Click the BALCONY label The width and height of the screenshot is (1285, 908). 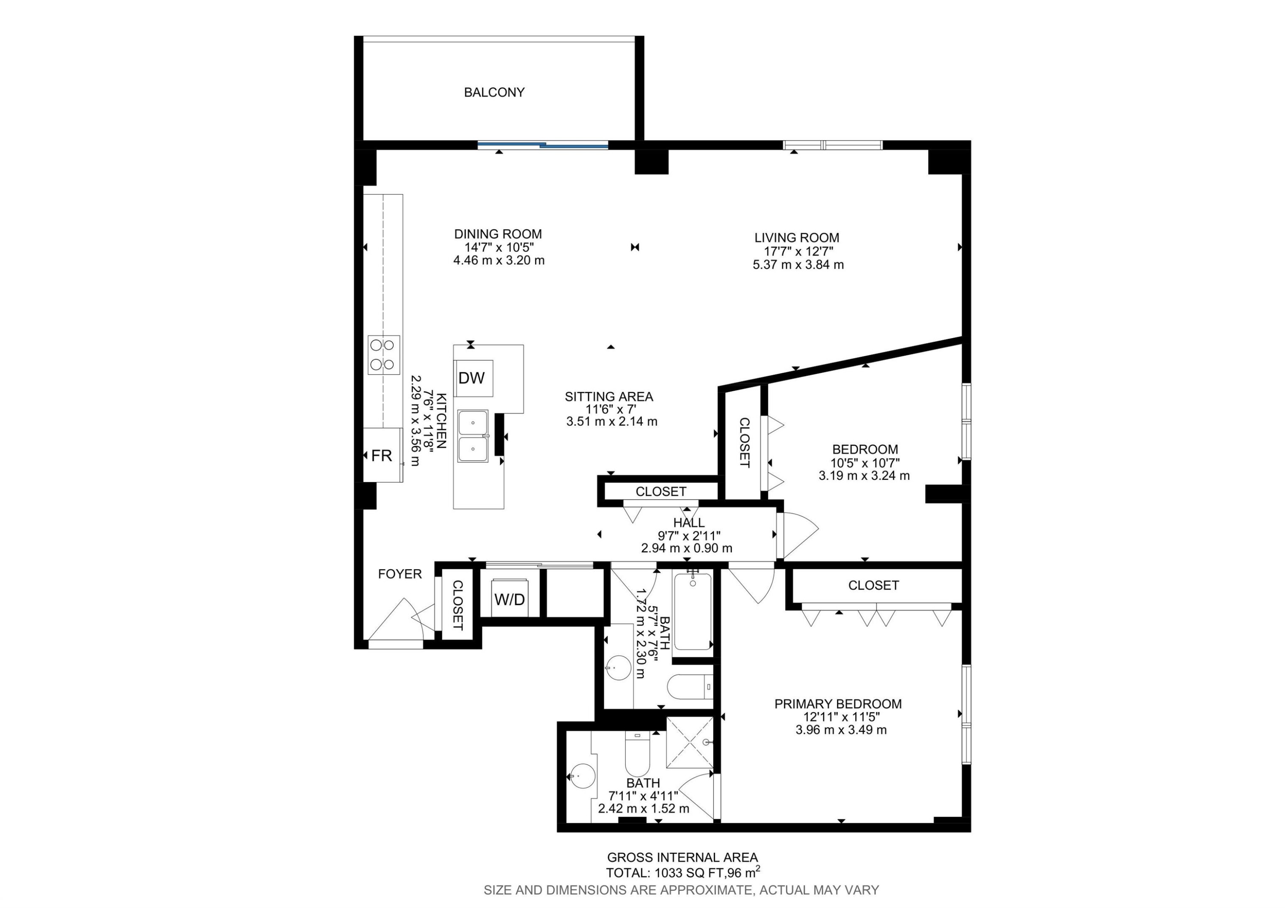494,93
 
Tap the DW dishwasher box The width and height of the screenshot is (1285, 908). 472,378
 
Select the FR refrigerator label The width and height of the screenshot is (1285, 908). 382,455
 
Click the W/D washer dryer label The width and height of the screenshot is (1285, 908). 509,599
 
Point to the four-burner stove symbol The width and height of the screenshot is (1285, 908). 384,355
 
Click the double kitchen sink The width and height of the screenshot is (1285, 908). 473,436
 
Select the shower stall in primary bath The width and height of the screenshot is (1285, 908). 690,742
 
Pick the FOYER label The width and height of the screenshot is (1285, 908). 400,574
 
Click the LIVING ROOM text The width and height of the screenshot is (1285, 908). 796,238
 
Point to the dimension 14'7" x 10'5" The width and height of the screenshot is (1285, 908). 498,247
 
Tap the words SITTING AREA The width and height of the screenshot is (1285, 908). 609,397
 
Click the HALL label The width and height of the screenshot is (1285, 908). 689,523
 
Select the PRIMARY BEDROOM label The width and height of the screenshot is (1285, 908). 838,704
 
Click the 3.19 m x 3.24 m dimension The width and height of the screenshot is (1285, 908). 864,476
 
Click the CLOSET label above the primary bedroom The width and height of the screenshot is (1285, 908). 873,586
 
